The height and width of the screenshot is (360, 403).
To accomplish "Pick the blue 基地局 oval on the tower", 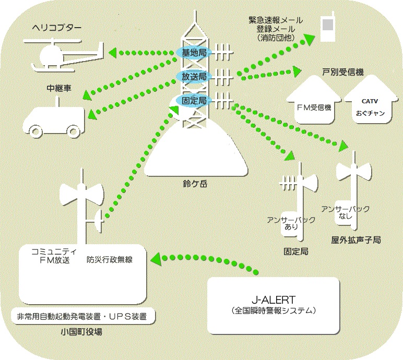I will [x=193, y=53].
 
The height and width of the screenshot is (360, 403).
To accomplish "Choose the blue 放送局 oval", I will [x=193, y=76].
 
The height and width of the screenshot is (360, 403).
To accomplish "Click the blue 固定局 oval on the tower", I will [x=193, y=100].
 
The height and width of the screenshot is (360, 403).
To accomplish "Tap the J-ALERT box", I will [x=274, y=305].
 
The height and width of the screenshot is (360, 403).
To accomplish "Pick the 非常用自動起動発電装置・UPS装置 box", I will [x=81, y=316].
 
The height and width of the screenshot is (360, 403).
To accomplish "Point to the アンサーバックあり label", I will [x=291, y=224].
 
